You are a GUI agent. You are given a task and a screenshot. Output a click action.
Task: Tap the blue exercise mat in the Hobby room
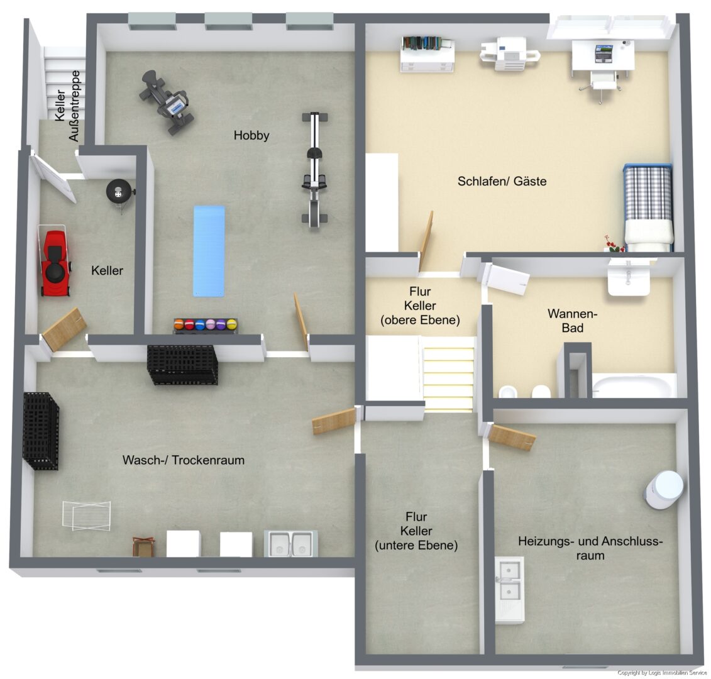(x=209, y=251)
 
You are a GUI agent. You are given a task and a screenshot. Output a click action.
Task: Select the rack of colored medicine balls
(x=206, y=326)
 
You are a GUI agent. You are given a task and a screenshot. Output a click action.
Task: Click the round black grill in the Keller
(x=119, y=192)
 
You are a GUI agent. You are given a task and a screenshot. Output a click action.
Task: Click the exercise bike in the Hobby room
(x=167, y=102)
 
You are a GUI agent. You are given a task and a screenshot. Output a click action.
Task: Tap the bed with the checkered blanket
(x=648, y=207)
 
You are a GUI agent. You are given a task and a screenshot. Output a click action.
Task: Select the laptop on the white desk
(x=604, y=53)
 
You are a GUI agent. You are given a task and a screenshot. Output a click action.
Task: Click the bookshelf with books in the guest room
(x=427, y=54)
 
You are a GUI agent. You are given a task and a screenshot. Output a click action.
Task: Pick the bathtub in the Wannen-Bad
(x=634, y=385)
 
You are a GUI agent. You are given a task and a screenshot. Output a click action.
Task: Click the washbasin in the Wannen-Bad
(x=629, y=278)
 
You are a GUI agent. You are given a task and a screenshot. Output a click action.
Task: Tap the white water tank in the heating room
(x=664, y=489)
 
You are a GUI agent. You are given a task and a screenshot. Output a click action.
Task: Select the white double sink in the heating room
(x=510, y=589)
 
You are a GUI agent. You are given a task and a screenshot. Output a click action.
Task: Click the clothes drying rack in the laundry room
(x=87, y=516)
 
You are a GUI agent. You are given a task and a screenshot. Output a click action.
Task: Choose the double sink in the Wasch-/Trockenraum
(x=290, y=543)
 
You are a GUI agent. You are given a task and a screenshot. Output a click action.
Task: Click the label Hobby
(x=251, y=135)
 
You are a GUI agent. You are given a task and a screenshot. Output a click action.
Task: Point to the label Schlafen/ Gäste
(x=502, y=182)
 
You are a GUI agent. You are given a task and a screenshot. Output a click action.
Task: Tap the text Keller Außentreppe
(x=67, y=106)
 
